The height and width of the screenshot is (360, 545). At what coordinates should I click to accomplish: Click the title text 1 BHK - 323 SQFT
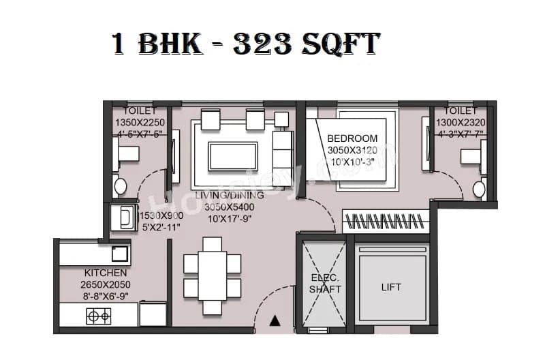click(245, 45)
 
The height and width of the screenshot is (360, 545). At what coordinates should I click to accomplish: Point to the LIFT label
click(389, 288)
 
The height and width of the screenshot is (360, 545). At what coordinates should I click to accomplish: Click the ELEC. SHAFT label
click(325, 284)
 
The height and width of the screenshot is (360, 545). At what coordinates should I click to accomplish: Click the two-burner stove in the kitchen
click(99, 316)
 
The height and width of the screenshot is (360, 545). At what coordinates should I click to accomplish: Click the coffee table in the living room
click(233, 155)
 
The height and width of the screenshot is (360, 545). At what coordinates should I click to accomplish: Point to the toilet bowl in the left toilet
click(121, 185)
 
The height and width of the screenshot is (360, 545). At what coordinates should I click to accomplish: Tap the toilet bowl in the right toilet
click(479, 189)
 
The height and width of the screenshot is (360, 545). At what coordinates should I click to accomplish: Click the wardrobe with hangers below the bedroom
click(386, 221)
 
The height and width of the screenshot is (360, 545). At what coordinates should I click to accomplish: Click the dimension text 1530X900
click(161, 215)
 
